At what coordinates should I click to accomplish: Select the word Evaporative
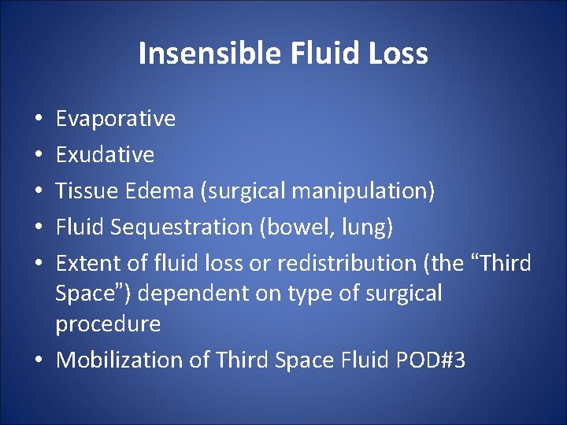(x=116, y=119)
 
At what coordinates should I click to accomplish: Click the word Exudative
(x=105, y=155)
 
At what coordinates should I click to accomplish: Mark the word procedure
(x=108, y=324)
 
